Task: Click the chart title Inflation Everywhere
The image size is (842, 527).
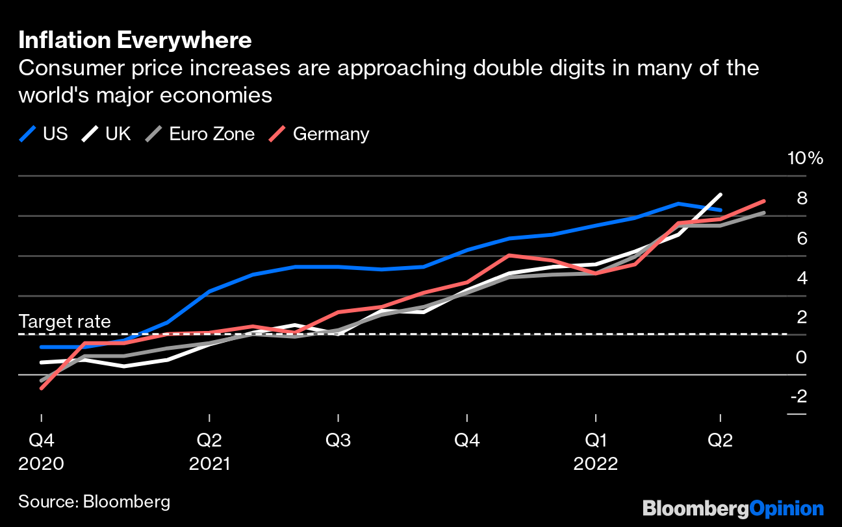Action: coord(134,40)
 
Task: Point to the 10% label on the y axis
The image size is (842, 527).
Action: coord(805,158)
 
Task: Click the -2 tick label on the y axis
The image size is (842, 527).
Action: coord(797,396)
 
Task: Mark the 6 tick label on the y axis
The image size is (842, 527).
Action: coord(802,238)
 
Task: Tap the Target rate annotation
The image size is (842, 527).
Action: coord(65,321)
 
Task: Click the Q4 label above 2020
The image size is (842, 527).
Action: coord(42,440)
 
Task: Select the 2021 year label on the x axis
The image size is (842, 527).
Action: coord(209,464)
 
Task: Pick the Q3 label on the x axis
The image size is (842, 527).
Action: coord(338,440)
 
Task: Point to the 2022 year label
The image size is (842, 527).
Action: coord(595,464)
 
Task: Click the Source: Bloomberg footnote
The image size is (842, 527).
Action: coord(94,501)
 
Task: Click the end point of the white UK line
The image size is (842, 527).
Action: coord(720,195)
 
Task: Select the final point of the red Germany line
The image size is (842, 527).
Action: coord(763,201)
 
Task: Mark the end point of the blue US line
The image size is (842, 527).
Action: coord(720,210)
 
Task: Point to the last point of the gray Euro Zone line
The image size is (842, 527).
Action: coord(763,213)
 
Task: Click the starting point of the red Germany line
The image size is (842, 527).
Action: coord(42,388)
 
